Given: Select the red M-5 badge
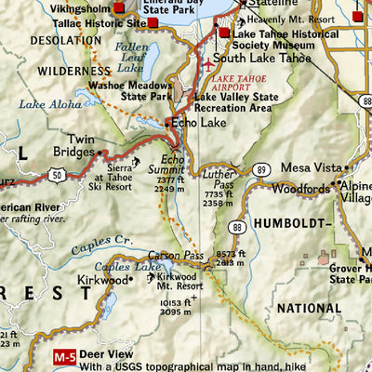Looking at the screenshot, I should (x=62, y=354).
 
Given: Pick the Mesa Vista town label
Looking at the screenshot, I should (x=308, y=168).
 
